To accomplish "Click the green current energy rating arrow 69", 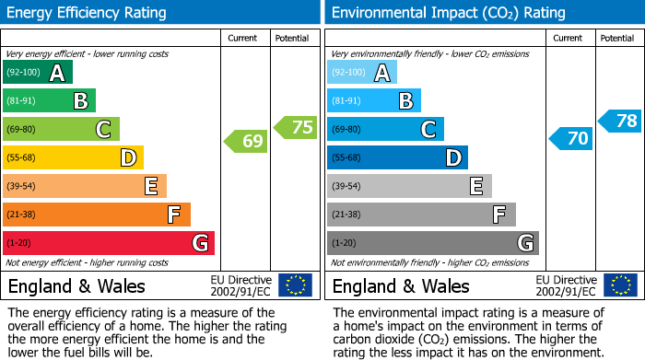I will click(x=245, y=141).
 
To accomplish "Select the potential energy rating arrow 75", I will click(x=296, y=127).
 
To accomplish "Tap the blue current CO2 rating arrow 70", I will click(x=569, y=138).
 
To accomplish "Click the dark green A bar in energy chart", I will click(x=38, y=73).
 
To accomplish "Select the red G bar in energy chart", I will click(x=109, y=243).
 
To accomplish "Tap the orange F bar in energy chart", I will click(x=97, y=215).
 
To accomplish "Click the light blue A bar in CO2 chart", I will click(x=362, y=73).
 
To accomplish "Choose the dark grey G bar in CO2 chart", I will click(x=432, y=243).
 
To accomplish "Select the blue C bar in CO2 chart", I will click(x=385, y=129).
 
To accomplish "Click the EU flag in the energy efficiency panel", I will click(x=295, y=285).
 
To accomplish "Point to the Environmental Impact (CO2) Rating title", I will click(x=448, y=13).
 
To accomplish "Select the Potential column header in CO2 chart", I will click(x=617, y=38).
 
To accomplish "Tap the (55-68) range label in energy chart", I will click(x=22, y=158).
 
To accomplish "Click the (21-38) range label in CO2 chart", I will click(x=346, y=215).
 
